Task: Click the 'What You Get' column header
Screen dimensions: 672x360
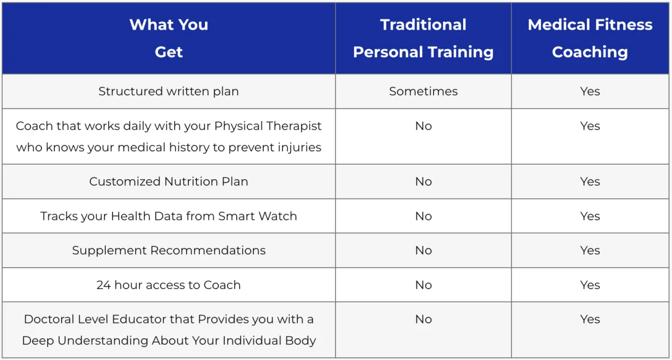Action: (x=169, y=38)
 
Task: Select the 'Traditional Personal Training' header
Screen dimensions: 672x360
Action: (x=423, y=38)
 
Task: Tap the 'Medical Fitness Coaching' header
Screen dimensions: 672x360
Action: (x=590, y=38)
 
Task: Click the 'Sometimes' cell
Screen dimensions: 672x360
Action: (x=423, y=91)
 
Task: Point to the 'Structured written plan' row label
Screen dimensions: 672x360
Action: (x=169, y=91)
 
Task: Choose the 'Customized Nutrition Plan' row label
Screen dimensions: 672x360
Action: (x=169, y=181)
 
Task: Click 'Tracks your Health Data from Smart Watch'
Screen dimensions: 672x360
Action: (x=169, y=216)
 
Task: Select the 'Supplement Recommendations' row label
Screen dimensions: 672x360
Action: (x=169, y=250)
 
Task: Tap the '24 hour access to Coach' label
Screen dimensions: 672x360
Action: (x=169, y=285)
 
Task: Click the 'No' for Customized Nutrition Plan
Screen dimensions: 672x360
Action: (x=423, y=181)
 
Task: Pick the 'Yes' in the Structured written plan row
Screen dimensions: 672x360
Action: (x=590, y=91)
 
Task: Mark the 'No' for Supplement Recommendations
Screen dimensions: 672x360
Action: (x=423, y=250)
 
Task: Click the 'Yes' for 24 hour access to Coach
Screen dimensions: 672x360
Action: (x=590, y=285)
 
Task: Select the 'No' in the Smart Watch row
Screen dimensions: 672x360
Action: (x=423, y=216)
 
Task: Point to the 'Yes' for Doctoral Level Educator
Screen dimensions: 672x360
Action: (x=590, y=319)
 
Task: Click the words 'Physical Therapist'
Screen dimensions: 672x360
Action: (x=268, y=127)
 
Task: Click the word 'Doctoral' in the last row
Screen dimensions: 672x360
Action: (x=49, y=319)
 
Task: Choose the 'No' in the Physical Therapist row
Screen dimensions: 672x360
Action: (x=423, y=126)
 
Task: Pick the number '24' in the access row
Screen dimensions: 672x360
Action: (x=104, y=285)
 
